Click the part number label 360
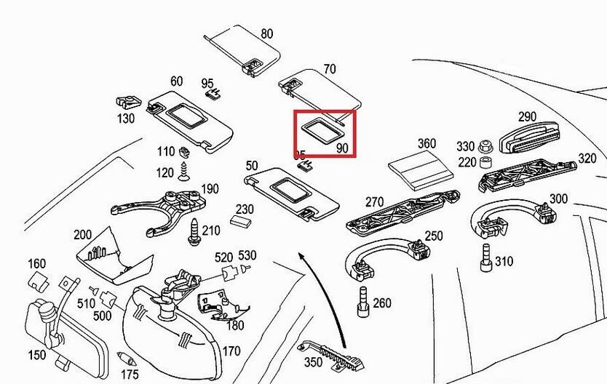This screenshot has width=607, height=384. pos(427,143)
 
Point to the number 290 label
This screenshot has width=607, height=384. pos(527,116)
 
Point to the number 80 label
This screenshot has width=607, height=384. pos(267,33)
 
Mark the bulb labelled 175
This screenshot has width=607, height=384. pos(126,359)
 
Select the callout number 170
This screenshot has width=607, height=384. pos(231,351)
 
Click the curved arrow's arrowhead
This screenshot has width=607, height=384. pos(300,255)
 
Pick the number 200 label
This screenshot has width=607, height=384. pos(82,234)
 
